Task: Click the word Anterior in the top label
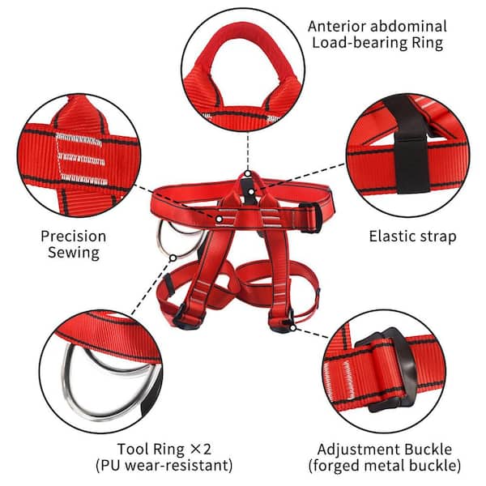pyautogui.click(x=336, y=27)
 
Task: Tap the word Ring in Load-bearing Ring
pyautogui.click(x=428, y=42)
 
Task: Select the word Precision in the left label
pyautogui.click(x=74, y=237)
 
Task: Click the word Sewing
pyautogui.click(x=74, y=253)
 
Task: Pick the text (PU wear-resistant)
pyautogui.click(x=164, y=466)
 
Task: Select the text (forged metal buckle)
pyautogui.click(x=385, y=466)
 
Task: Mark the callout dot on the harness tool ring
pyautogui.click(x=173, y=258)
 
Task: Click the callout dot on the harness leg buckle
pyautogui.click(x=293, y=328)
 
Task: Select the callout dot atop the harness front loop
pyautogui.click(x=247, y=173)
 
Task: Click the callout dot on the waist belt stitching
pyautogui.click(x=220, y=220)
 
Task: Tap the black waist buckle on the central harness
pyautogui.click(x=311, y=218)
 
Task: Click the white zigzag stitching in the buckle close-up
pyautogui.click(x=348, y=381)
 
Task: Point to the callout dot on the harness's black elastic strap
pyautogui.click(x=251, y=192)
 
